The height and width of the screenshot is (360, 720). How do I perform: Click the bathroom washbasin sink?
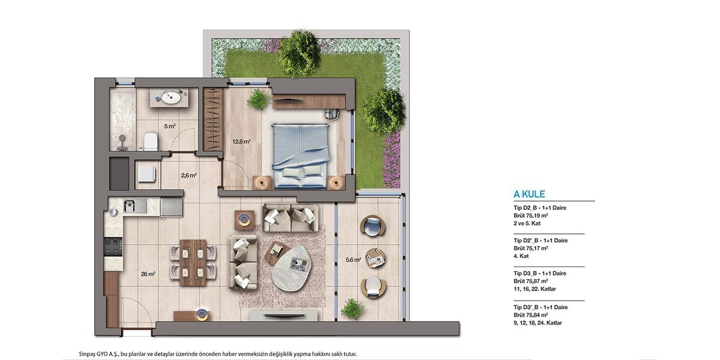170,97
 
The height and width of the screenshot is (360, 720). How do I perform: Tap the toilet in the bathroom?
151,142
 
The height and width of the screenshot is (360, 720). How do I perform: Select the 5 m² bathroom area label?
170,127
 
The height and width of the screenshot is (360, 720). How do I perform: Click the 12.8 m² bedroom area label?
241,141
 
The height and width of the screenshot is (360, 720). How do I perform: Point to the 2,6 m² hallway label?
188,175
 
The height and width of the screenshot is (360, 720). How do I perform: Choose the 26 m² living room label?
148,274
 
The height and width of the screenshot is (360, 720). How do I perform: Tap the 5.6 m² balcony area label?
353,260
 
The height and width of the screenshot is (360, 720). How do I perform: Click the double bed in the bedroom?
301,155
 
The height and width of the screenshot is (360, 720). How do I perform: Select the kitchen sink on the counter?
136,205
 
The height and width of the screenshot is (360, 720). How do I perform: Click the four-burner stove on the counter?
113,247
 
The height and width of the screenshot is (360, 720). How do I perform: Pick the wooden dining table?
193,263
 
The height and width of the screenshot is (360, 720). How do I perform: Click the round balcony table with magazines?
376,258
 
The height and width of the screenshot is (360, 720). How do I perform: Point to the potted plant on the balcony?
353,309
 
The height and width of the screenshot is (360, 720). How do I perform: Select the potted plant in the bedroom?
259,100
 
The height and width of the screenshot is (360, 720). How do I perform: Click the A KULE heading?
529,194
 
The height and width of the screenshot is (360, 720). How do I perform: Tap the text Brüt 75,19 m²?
530,215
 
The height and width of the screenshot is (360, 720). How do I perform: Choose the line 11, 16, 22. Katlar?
535,289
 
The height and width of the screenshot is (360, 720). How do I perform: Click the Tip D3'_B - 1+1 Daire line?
541,307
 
